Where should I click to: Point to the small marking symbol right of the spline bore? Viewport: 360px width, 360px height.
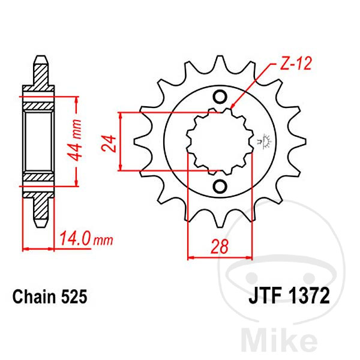pyautogui.click(x=262, y=142)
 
